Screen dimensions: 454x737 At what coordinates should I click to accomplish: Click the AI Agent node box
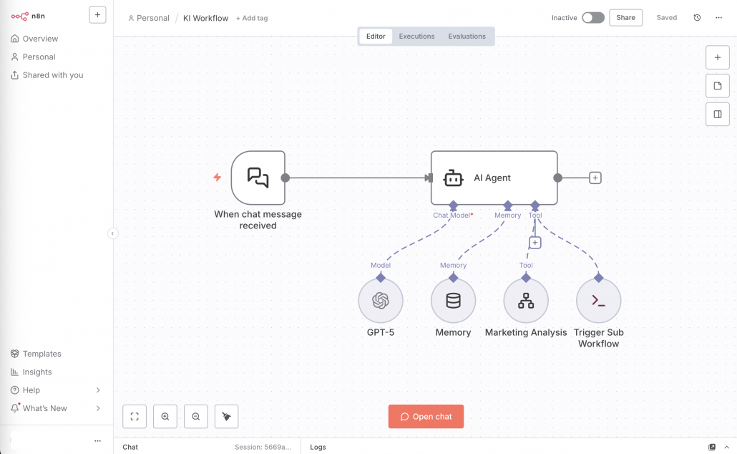pos(494,178)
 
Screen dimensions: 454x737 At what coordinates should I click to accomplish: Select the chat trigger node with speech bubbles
pos(258,178)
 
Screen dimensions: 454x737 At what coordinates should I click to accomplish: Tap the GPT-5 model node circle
pos(381,301)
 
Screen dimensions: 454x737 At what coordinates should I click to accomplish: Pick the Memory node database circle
pos(453,301)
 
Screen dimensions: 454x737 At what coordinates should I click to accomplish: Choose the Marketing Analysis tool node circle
pos(526,301)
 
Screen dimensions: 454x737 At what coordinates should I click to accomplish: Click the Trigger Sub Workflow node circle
pos(598,301)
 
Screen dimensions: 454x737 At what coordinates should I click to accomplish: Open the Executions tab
pos(416,37)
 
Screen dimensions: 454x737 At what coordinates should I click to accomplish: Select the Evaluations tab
pos(467,37)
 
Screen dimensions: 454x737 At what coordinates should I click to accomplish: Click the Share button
pos(625,18)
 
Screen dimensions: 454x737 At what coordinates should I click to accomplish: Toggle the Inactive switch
pos(592,18)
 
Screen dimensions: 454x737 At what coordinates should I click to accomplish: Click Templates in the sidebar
pos(42,354)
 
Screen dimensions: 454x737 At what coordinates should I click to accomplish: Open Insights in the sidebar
pos(37,372)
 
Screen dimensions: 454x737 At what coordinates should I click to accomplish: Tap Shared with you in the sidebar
pos(52,75)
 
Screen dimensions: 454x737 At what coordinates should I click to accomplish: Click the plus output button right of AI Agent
pos(595,178)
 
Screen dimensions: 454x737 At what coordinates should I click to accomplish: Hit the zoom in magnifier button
pos(165,417)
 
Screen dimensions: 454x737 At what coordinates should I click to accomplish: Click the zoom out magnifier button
pos(196,417)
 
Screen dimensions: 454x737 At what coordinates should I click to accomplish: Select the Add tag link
pos(252,18)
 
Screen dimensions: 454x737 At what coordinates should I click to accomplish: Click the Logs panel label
pos(318,447)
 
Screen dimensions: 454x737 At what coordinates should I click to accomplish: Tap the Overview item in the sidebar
pos(40,39)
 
